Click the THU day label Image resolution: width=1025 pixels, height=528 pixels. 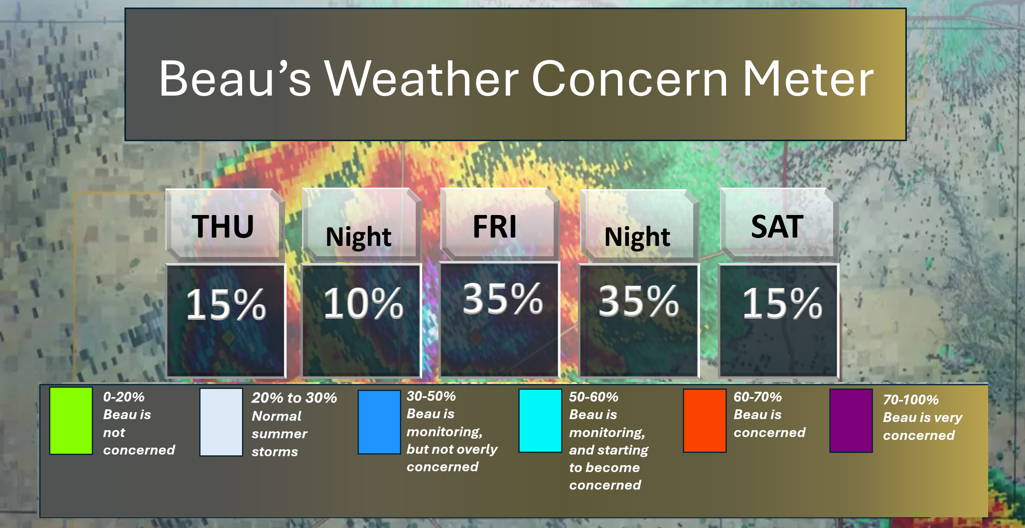tap(223, 227)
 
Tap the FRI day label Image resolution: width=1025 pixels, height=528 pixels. tap(495, 227)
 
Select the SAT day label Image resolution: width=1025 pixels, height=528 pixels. tap(777, 227)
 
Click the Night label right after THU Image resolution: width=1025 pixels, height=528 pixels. tap(358, 237)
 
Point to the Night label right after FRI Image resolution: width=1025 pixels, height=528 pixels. tap(637, 237)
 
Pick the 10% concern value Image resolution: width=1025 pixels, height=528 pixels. tap(363, 304)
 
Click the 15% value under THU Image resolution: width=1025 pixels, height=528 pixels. tap(226, 305)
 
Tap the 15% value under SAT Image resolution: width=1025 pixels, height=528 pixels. tap(782, 304)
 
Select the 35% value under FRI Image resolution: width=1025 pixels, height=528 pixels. tap(503, 299)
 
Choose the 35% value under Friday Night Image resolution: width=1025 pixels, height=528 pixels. tap(639, 301)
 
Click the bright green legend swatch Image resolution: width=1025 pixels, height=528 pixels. tap(71, 420)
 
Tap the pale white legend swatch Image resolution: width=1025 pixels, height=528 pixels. tap(221, 422)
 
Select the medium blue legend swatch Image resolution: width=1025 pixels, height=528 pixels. tap(379, 422)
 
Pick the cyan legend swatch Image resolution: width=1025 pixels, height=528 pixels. tap(540, 420)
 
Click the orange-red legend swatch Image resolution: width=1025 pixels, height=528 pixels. tap(704, 420)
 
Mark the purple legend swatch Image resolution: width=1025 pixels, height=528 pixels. tap(851, 420)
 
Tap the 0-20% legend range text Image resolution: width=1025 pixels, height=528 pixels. tap(124, 397)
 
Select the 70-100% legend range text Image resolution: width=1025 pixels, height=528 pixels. tap(911, 400)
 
